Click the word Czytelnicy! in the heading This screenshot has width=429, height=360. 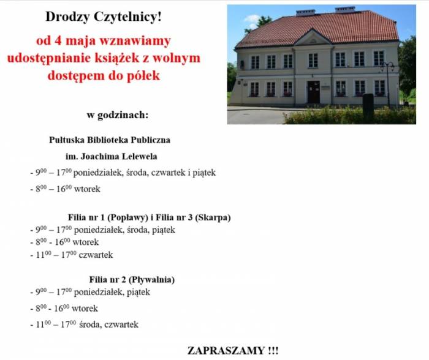point(127,17)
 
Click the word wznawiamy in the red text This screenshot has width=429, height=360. point(135,41)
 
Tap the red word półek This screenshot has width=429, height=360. point(143,76)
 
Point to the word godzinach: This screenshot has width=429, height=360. point(123,115)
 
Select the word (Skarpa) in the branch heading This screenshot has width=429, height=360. point(213,217)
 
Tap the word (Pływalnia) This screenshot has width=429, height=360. point(151,280)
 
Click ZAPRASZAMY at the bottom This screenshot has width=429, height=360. point(226,351)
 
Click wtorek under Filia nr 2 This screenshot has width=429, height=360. point(85,309)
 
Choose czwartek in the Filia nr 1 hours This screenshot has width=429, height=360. point(96,255)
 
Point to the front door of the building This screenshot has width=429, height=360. point(314,92)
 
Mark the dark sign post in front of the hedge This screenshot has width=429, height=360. point(368,107)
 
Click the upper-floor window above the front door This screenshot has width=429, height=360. point(313,60)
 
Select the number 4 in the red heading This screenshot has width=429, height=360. point(58,41)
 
